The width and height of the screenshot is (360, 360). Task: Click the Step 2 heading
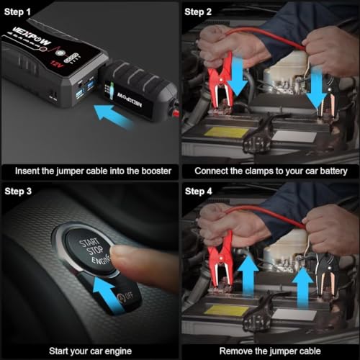(x=199, y=12)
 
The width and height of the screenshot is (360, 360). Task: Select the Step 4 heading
(x=199, y=191)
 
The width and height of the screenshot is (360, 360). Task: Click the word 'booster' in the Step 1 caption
(x=149, y=171)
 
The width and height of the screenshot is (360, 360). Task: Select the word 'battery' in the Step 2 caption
(x=328, y=171)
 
